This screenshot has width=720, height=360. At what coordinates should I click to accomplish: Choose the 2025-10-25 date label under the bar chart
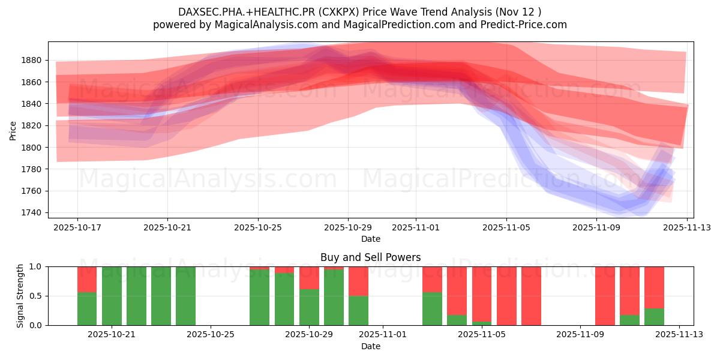pyautogui.click(x=211, y=334)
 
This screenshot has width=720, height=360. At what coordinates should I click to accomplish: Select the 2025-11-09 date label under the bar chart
pyautogui.click(x=580, y=334)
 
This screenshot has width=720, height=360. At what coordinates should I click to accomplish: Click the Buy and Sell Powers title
pyautogui.click(x=370, y=257)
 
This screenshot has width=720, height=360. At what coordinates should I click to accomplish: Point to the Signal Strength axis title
pyautogui.click(x=20, y=296)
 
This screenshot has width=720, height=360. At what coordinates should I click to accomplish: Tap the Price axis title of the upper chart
pyautogui.click(x=13, y=130)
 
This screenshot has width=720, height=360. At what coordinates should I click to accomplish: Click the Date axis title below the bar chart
pyautogui.click(x=370, y=346)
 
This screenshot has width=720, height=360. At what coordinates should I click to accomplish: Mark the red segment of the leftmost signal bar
pyautogui.click(x=87, y=279)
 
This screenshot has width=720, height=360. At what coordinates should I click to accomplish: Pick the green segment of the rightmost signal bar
pyautogui.click(x=654, y=317)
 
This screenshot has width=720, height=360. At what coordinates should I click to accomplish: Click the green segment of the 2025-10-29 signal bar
pyautogui.click(x=309, y=307)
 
